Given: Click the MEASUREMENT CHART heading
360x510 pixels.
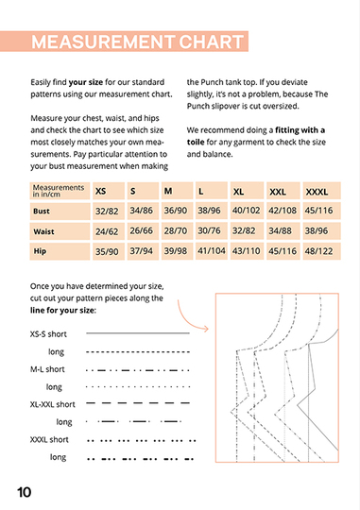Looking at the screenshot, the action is point(137,42).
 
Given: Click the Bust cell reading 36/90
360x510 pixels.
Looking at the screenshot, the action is point(176,211).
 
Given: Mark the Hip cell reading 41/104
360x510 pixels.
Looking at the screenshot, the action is point(212,251).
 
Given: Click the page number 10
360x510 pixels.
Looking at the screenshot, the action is point(24,492).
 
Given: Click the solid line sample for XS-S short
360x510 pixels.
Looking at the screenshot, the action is point(138,333).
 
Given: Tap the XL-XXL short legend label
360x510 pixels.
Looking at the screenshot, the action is point(52,404).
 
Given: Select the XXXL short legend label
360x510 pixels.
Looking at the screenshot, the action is point(49,439).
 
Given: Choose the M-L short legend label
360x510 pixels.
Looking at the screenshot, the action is point(47,369).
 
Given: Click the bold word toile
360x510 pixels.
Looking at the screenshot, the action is point(196,142).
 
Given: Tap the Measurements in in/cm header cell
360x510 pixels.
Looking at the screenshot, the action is point(60,191).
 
